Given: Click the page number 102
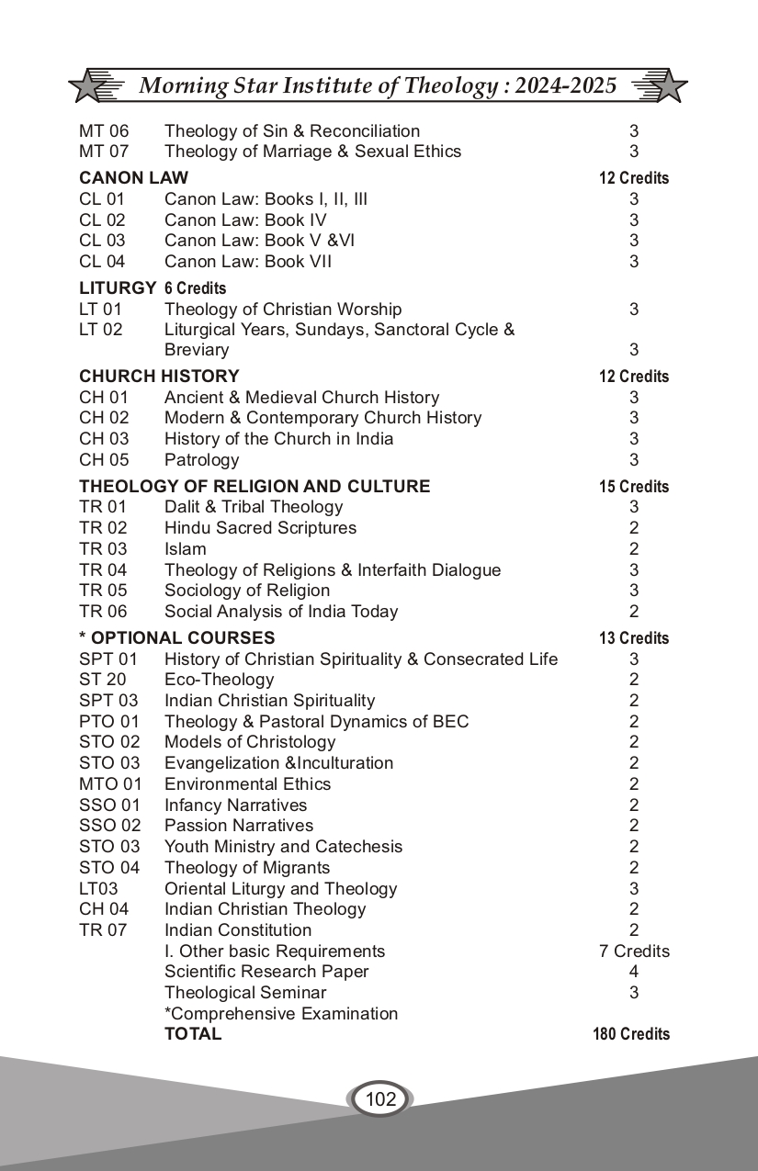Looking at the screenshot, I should pos(380,1098).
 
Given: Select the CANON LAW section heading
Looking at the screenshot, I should pos(133,178).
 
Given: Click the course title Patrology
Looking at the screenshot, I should pos(201,460).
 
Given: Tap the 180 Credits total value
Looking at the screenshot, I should pos(631,1034).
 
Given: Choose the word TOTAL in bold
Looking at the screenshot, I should pos(193,1034).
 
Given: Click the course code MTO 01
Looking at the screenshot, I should pos(110,784).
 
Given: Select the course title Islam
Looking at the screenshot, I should pos(185,549).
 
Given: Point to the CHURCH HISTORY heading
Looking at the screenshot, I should pos(159,377).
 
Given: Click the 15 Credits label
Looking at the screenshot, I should pos(634,487).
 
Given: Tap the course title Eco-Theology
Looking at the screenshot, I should pos(219,680).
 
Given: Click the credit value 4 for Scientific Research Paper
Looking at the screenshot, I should pos(634,972).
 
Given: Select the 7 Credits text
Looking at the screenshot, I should pos(634,951).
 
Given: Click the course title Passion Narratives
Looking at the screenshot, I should pos(239,826).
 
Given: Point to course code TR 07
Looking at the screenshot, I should pos(103,930).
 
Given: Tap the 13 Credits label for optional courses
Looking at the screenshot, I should pos(634,638).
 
